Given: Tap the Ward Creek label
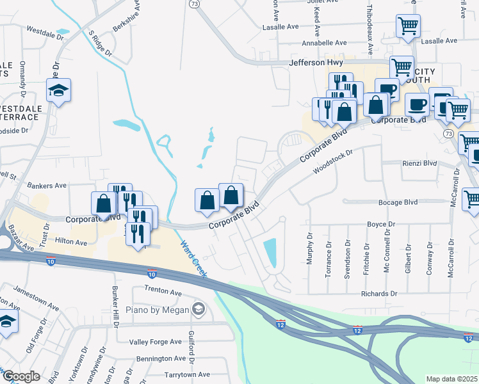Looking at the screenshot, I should [193, 259].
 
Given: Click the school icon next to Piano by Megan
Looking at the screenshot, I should [199, 310].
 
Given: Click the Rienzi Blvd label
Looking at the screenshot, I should [419, 163].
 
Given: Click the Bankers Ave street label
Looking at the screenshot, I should [47, 186].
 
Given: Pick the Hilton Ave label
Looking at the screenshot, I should [71, 242].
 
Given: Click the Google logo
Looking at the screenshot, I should [21, 376].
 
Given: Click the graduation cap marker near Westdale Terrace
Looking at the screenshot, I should [59, 92].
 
